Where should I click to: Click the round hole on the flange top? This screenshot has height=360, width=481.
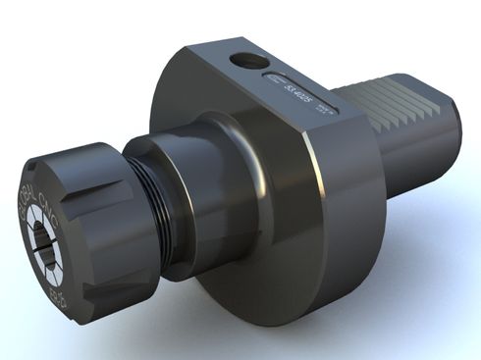(248, 62)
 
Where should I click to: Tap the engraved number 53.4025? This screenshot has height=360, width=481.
(294, 91)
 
